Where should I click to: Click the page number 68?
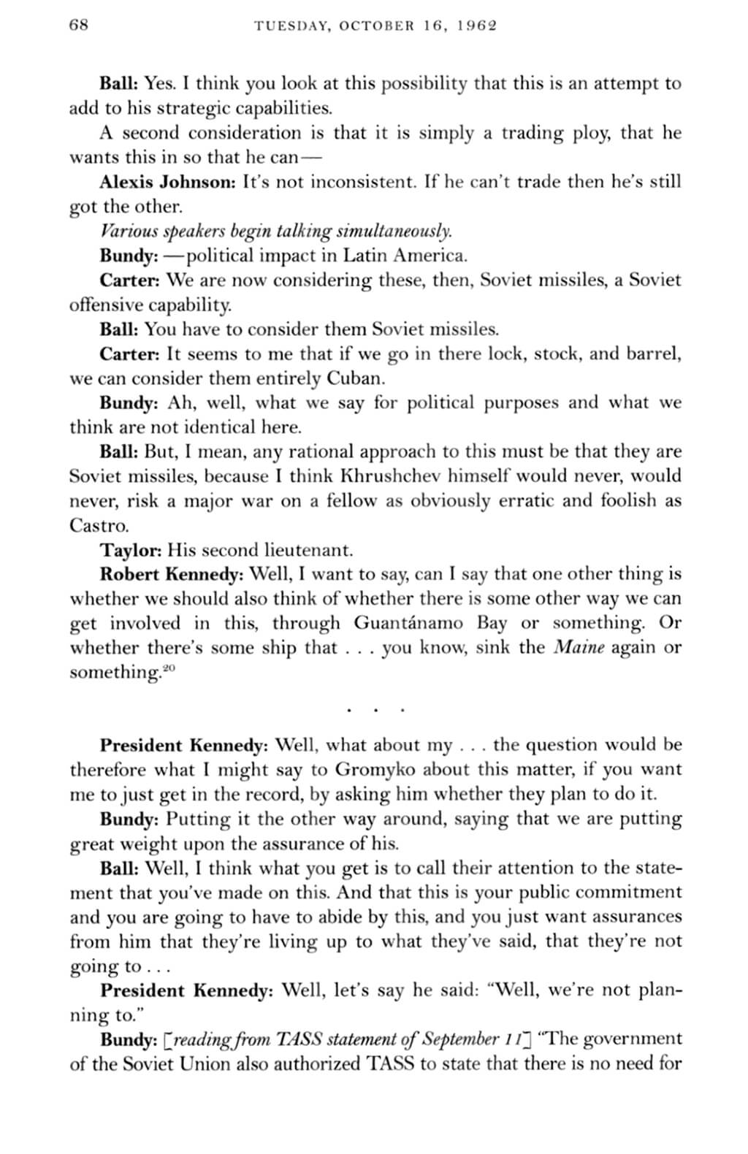(78, 25)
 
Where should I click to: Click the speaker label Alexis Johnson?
(167, 181)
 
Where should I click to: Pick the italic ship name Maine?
(579, 648)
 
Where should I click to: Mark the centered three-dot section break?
(375, 709)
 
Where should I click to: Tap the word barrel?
(655, 354)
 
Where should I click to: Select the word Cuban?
(354, 379)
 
